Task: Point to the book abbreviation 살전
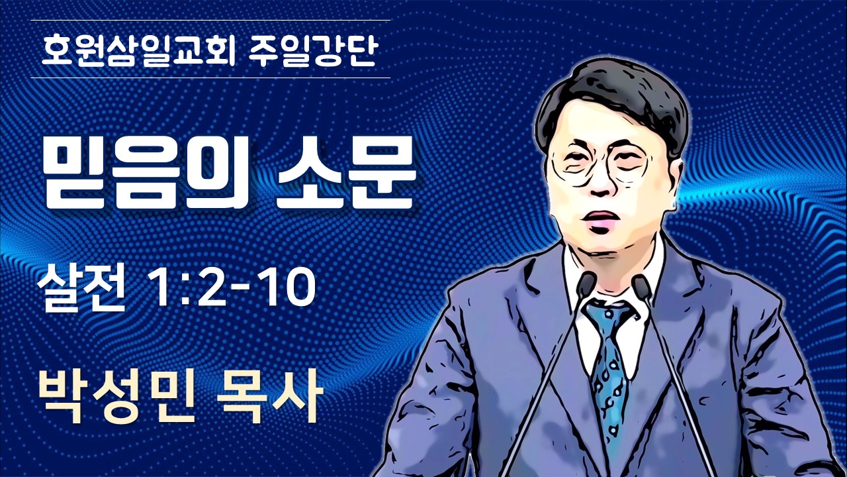tap(81, 288)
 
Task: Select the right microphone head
tap(642, 285)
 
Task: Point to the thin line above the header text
tap(210, 20)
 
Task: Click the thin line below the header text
tap(210, 78)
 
